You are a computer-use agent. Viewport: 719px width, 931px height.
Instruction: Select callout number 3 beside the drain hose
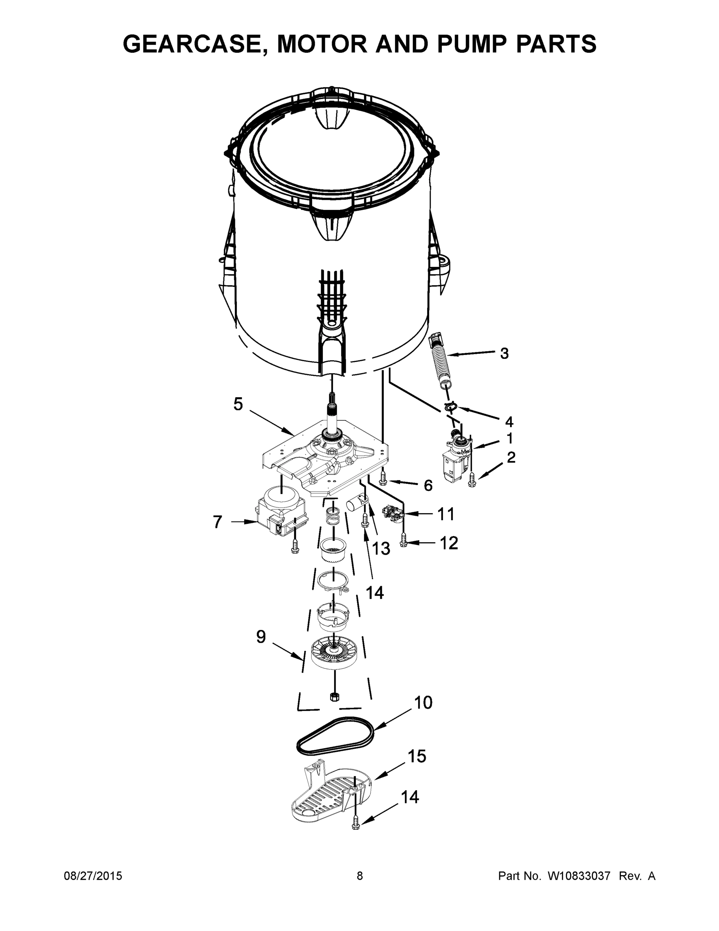click(504, 353)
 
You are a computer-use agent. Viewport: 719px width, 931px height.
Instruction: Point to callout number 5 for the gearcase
click(238, 404)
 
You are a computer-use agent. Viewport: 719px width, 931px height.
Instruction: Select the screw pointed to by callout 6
click(383, 479)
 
